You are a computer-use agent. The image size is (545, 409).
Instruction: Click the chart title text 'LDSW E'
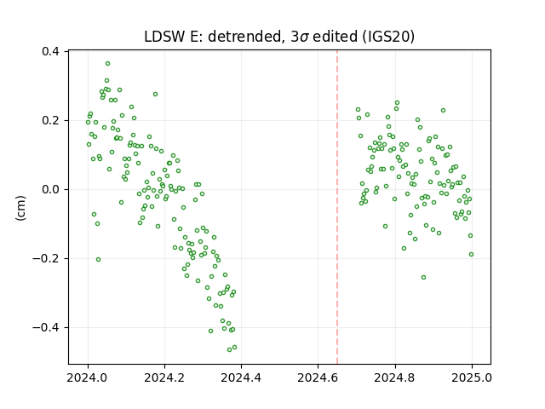pyautogui.click(x=169, y=37)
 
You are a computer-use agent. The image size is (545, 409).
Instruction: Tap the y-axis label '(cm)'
pyautogui.click(x=20, y=208)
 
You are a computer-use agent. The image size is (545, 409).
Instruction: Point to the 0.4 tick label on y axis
pyautogui.click(x=50, y=51)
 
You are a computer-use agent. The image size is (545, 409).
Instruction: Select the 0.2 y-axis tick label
pyautogui.click(x=50, y=120)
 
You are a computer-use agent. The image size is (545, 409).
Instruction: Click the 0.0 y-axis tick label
pyautogui.click(x=50, y=189)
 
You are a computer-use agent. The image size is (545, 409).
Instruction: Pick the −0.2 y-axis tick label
pyautogui.click(x=46, y=258)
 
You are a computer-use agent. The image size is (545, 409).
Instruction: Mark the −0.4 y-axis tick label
pyautogui.click(x=46, y=327)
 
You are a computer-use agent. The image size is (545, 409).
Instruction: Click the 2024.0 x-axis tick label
pyautogui.click(x=88, y=377)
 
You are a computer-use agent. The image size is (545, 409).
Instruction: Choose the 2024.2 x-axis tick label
pyautogui.click(x=164, y=377)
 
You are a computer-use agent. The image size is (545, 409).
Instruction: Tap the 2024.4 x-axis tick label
pyautogui.click(x=241, y=377)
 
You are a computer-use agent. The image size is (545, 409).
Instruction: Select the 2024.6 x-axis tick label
pyautogui.click(x=318, y=377)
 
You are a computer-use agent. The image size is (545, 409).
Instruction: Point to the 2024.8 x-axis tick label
pyautogui.click(x=395, y=377)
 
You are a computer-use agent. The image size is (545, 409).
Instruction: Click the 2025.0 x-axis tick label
pyautogui.click(x=472, y=377)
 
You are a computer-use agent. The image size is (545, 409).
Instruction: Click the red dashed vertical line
pyautogui.click(x=337, y=207)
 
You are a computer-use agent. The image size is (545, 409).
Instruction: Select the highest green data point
pyautogui.click(x=108, y=63)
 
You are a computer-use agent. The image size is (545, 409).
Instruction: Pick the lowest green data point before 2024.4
pyautogui.click(x=229, y=349)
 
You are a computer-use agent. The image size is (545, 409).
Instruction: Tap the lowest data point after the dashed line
pyautogui.click(x=423, y=277)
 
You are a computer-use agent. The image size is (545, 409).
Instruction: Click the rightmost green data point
pyautogui.click(x=471, y=254)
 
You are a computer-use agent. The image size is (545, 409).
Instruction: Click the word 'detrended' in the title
pyautogui.click(x=244, y=37)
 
